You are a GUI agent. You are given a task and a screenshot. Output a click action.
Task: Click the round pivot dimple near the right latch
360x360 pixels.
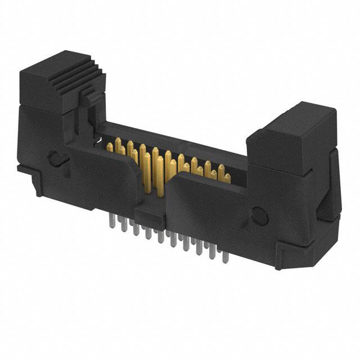pos(259,214)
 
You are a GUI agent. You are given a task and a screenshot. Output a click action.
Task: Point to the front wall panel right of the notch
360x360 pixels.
pos(208,214)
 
